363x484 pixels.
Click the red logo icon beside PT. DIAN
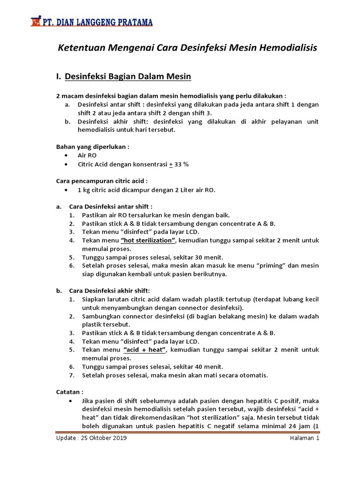(x=35, y=21)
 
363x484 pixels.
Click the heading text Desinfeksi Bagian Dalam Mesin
(x=128, y=76)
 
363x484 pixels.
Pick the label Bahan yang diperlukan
(x=93, y=147)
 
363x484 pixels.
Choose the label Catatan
(x=70, y=392)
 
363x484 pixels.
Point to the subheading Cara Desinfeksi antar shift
(x=111, y=207)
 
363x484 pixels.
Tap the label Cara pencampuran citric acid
(x=102, y=181)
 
